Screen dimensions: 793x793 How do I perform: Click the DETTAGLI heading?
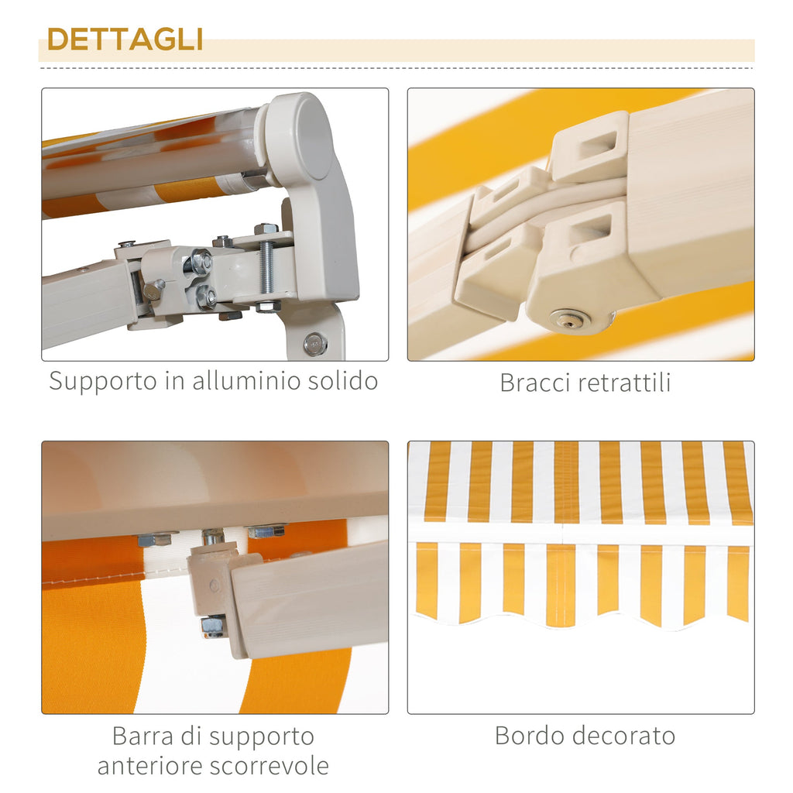(125, 39)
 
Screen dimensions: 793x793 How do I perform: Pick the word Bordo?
(529, 736)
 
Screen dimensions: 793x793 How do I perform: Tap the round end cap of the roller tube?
(302, 136)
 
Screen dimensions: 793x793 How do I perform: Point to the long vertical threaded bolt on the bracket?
(267, 267)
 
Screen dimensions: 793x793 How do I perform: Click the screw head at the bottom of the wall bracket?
(316, 343)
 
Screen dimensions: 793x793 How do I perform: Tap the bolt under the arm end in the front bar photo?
(212, 626)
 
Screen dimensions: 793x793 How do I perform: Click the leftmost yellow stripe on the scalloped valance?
(426, 581)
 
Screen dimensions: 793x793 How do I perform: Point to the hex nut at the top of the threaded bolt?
(266, 229)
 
